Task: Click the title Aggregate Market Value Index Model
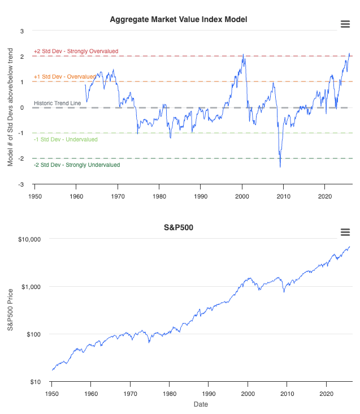[179, 20]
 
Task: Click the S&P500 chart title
[179, 228]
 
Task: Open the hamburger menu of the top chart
[345, 23]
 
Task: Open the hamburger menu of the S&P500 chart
[345, 232]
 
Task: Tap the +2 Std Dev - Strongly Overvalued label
[76, 51]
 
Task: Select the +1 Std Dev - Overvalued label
[64, 76]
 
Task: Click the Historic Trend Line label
[57, 103]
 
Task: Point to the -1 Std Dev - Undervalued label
[66, 140]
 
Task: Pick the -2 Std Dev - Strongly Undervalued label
[76, 165]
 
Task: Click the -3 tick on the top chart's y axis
[22, 184]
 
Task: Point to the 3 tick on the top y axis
[22, 31]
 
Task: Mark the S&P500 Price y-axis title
[10, 310]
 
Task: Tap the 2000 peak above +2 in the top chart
[243, 55]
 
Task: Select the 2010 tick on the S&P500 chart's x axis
[287, 393]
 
